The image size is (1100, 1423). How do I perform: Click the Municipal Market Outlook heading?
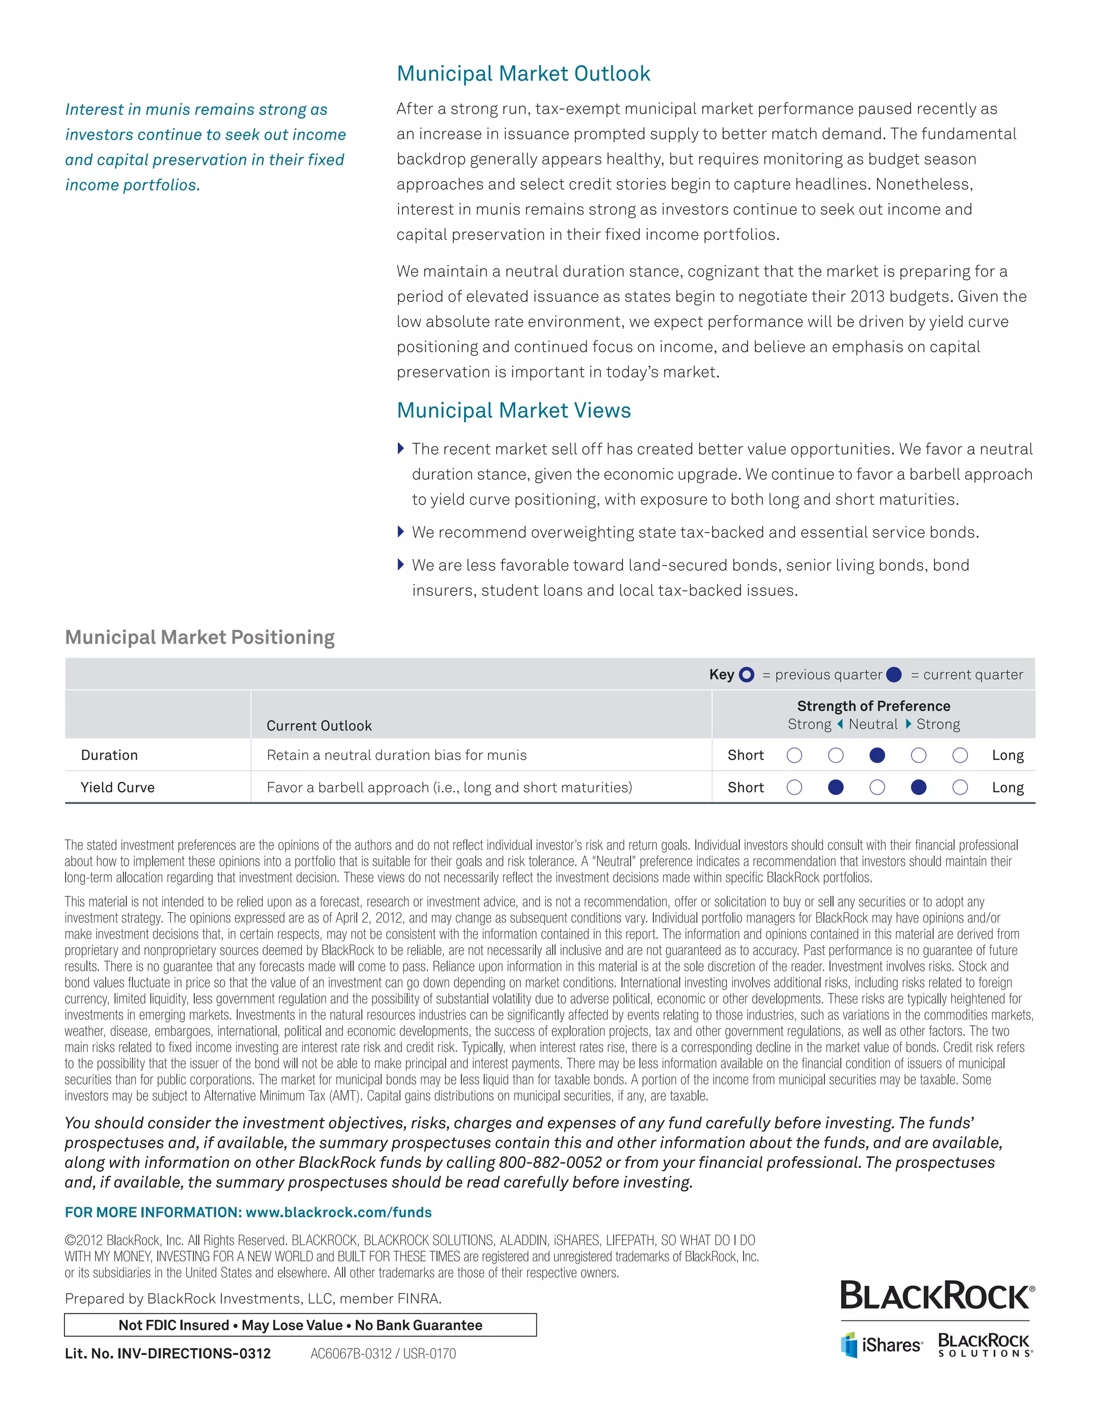click(523, 74)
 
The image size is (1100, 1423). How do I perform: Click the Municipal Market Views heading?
click(513, 410)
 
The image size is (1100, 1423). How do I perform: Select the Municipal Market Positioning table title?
click(199, 637)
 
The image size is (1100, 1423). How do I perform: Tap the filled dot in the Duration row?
click(877, 755)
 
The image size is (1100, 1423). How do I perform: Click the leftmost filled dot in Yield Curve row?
click(835, 788)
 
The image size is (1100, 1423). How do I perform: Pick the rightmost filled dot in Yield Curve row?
click(918, 788)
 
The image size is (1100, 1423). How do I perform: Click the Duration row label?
click(110, 755)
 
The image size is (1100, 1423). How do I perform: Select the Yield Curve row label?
click(117, 788)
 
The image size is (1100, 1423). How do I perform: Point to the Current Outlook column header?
click(319, 726)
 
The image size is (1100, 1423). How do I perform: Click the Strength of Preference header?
click(873, 706)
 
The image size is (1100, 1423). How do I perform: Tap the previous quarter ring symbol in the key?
click(747, 675)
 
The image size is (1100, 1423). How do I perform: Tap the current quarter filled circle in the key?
click(894, 675)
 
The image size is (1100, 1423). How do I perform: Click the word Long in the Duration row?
click(1008, 755)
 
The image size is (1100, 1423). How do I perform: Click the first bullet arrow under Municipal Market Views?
click(401, 448)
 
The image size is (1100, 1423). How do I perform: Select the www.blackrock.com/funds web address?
click(338, 1213)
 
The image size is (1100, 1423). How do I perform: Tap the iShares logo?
click(882, 1345)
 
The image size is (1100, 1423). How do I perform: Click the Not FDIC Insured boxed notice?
click(300, 1325)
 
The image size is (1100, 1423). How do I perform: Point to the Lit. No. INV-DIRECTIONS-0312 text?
click(168, 1354)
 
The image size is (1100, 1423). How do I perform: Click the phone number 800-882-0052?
click(550, 1163)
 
